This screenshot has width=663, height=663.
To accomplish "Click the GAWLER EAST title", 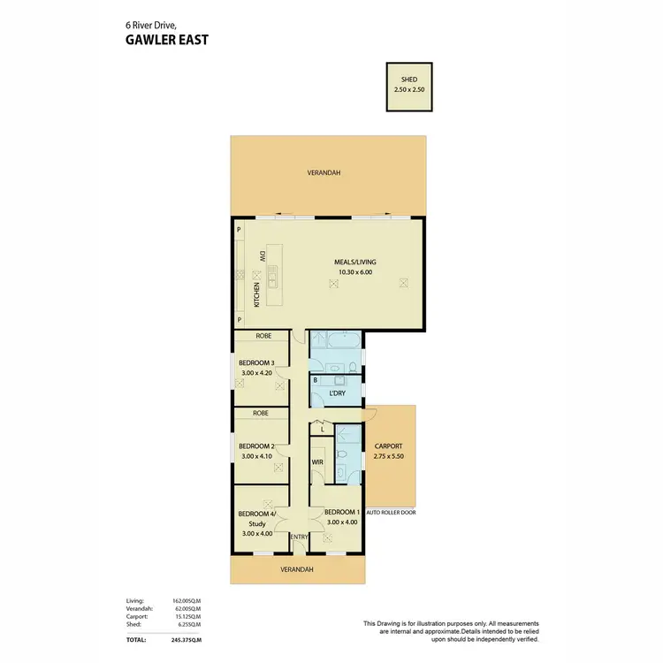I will tap(165, 39).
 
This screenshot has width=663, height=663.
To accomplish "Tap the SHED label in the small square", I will tap(408, 79).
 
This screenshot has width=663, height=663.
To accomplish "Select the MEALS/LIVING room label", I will tap(353, 262).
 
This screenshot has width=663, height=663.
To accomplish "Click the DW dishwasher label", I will tap(263, 255).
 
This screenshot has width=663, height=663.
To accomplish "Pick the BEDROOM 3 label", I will tap(258, 362).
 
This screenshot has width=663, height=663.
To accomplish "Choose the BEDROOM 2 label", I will tap(258, 446).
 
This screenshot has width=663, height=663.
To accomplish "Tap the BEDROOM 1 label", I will tap(341, 513).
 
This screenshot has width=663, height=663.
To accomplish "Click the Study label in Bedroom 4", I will tap(259, 523).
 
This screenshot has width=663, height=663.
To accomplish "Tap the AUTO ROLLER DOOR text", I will tap(391, 512).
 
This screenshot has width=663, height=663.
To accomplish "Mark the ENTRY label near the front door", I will tap(299, 537).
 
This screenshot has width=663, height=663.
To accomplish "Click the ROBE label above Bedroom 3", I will tap(263, 336).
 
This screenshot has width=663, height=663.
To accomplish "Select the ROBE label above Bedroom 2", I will tap(260, 413).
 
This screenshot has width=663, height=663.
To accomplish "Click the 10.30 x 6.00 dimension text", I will tap(353, 272).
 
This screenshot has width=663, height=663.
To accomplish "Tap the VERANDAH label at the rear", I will tap(324, 172).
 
